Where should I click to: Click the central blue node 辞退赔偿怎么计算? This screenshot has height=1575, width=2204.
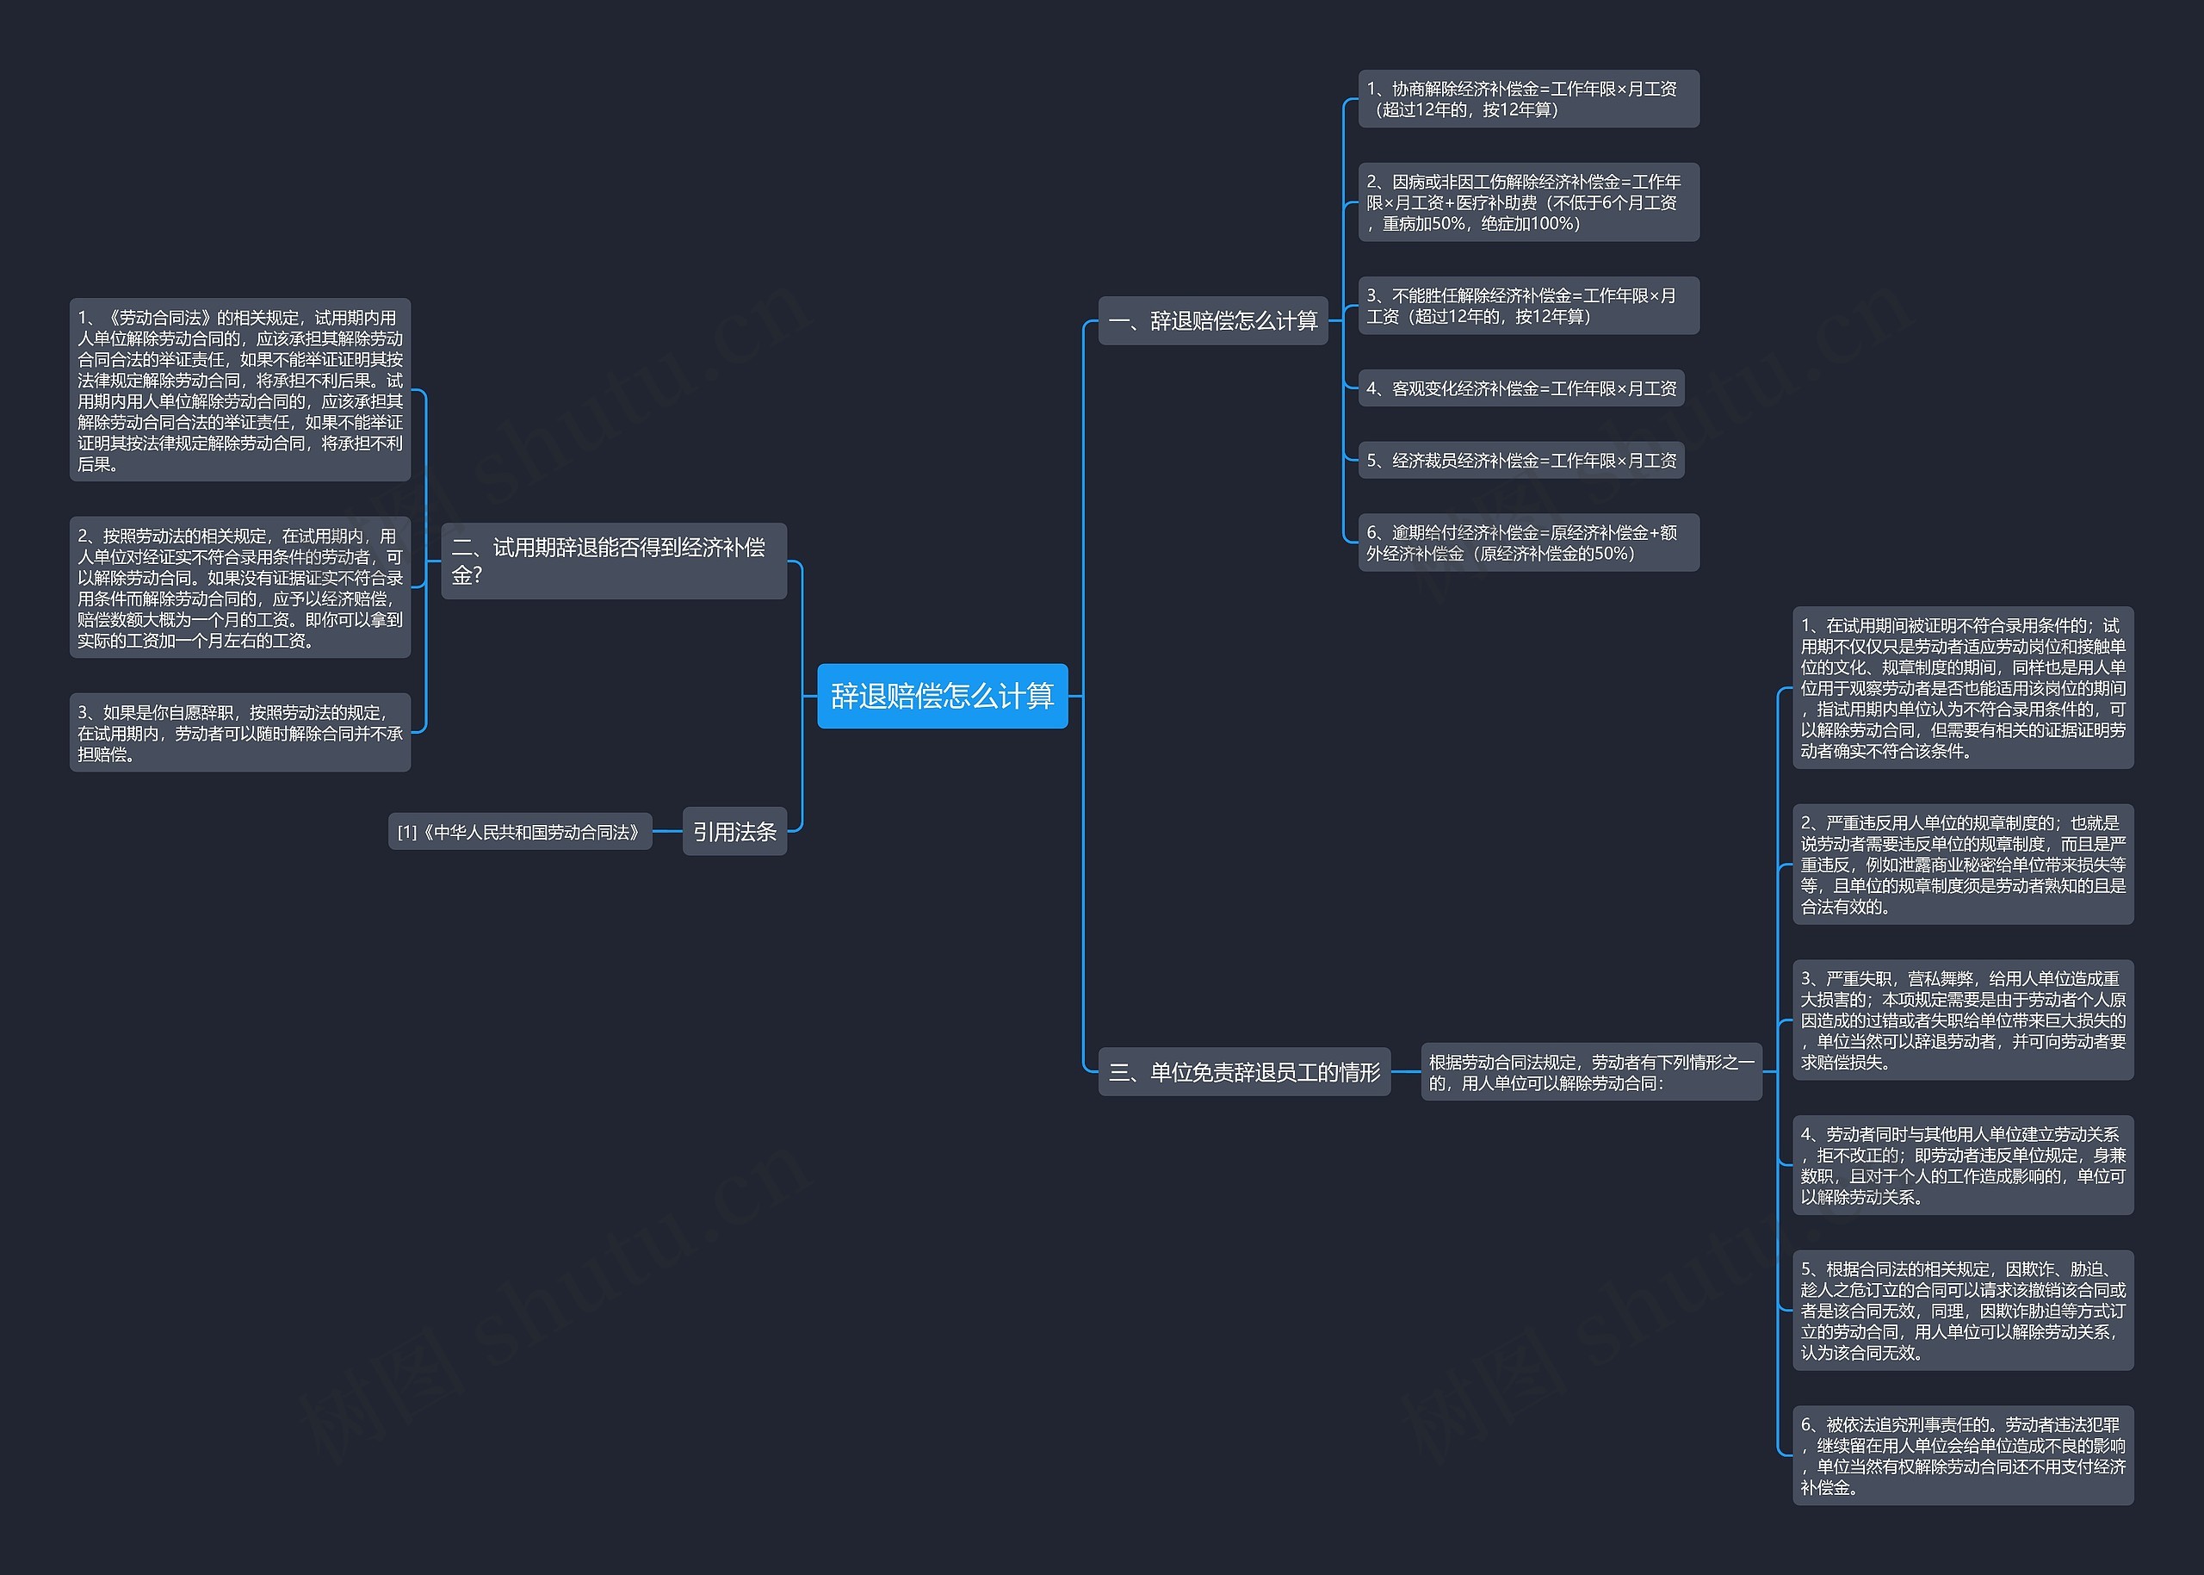[942, 696]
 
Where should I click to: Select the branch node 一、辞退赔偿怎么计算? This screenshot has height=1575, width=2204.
[1212, 321]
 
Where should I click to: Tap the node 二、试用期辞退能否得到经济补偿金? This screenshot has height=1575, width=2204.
[613, 561]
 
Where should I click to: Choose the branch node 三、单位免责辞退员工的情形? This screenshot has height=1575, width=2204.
[1243, 1071]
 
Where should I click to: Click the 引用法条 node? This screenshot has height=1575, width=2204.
[734, 831]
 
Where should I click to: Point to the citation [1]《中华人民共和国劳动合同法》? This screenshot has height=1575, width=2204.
[520, 831]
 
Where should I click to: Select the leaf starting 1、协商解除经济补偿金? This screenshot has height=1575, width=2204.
[1527, 99]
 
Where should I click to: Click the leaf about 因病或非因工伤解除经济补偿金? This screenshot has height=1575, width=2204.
[1527, 202]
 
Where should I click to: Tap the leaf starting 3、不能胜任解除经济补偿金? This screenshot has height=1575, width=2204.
[1527, 306]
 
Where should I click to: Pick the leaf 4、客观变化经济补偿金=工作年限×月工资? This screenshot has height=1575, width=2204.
[1520, 388]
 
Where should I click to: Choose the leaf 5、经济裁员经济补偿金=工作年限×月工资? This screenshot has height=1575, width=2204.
[1520, 460]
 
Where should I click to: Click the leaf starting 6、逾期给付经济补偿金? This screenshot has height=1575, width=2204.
[1527, 543]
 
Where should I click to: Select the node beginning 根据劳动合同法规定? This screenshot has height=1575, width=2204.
[1590, 1071]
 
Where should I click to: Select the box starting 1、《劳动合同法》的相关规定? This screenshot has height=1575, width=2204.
[239, 390]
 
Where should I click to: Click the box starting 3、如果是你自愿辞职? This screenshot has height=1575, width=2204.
[239, 732]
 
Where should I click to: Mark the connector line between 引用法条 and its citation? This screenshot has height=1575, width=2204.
[667, 831]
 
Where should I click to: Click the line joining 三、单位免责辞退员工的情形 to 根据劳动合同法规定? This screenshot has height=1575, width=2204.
[1405, 1071]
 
